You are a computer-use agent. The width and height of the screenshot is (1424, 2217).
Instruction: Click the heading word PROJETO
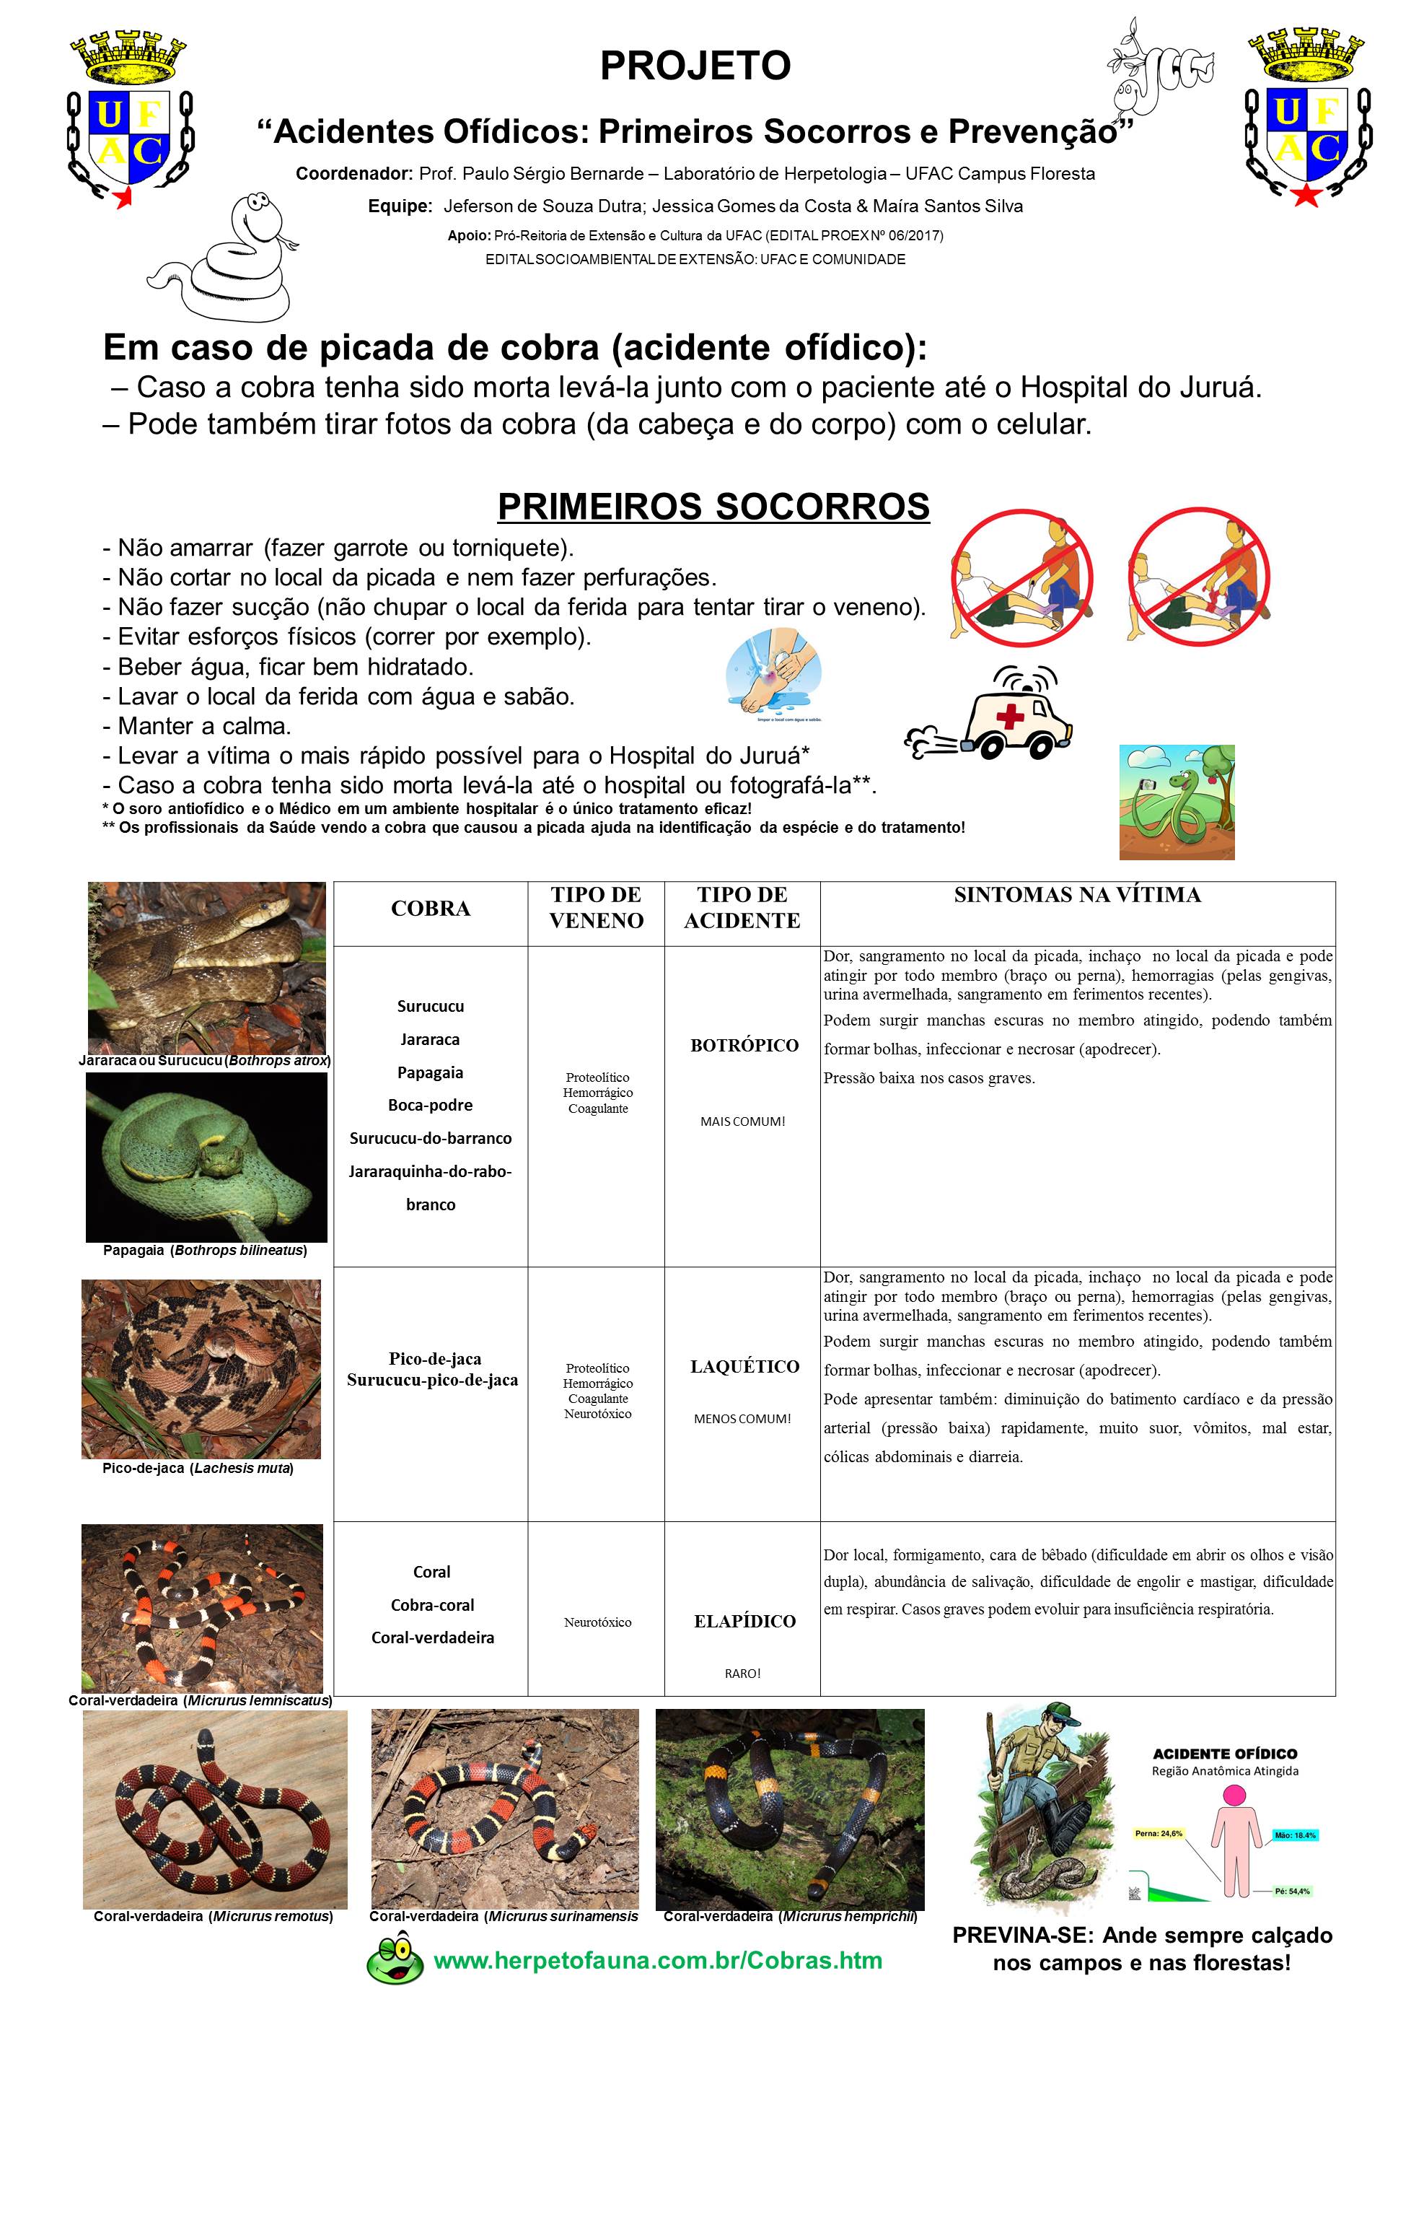pyautogui.click(x=695, y=66)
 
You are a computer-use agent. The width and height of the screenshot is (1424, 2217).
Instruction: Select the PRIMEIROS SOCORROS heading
pyautogui.click(x=713, y=507)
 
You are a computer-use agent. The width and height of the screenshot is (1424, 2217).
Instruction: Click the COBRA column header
pyautogui.click(x=430, y=909)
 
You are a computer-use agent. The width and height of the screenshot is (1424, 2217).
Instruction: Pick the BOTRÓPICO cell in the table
pyautogui.click(x=744, y=1045)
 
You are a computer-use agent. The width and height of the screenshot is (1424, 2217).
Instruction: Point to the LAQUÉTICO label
pyautogui.click(x=744, y=1366)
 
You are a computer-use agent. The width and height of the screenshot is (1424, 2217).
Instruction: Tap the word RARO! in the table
pyautogui.click(x=742, y=1673)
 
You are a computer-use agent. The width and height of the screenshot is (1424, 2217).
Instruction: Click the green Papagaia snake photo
pyautogui.click(x=206, y=1157)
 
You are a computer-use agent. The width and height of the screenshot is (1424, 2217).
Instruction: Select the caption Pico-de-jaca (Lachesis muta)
pyautogui.click(x=198, y=1468)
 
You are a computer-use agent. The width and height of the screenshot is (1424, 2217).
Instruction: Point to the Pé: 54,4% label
pyautogui.click(x=1292, y=1892)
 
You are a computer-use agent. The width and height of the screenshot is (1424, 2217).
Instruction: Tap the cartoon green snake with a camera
pyautogui.click(x=1176, y=802)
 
